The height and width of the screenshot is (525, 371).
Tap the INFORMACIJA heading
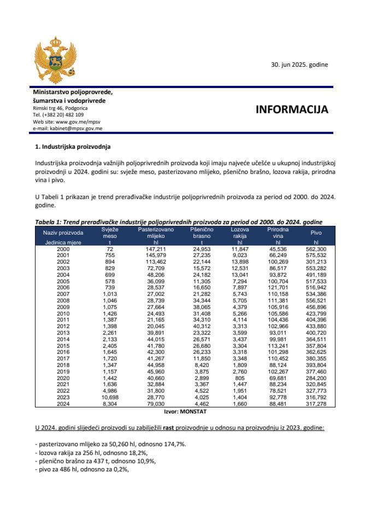(292, 109)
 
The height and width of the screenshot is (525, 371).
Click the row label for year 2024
(63, 405)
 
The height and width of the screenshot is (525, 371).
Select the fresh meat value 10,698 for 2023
(110, 399)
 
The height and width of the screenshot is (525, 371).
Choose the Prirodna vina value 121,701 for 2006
(278, 288)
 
